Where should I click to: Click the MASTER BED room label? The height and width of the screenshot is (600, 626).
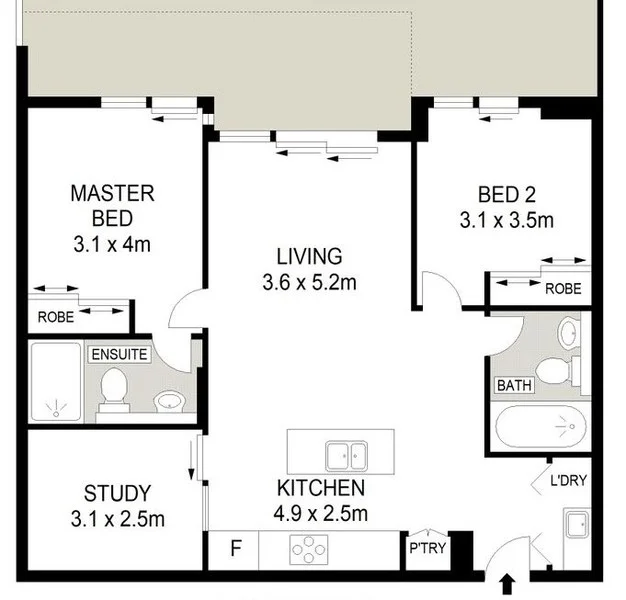[111, 205]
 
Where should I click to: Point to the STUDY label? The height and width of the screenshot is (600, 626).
[117, 493]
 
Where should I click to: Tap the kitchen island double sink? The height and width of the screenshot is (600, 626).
[346, 455]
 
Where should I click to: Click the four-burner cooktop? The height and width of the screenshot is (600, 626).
[309, 549]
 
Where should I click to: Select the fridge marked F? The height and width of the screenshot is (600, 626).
[236, 549]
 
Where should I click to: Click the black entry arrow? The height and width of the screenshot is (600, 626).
[505, 582]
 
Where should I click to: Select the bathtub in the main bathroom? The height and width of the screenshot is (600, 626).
[540, 429]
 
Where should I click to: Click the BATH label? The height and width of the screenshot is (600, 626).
[513, 384]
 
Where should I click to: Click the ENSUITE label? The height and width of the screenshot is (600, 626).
[119, 354]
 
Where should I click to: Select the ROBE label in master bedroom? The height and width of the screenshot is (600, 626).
[55, 318]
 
